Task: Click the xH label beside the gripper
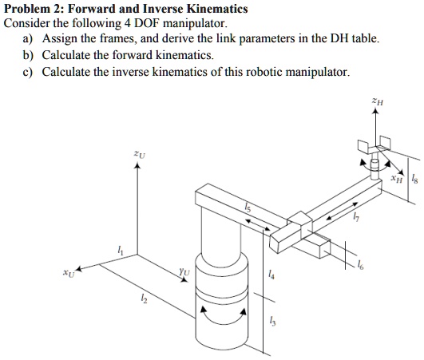(397, 181)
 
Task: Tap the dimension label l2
(144, 298)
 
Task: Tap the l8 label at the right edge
(413, 181)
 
